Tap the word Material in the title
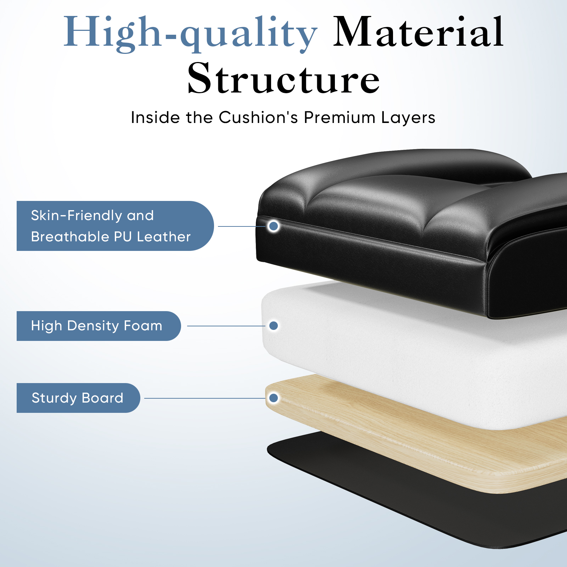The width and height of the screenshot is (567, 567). pyautogui.click(x=419, y=32)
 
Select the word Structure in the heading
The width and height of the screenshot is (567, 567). pyautogui.click(x=283, y=78)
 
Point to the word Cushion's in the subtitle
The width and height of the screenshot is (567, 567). pyautogui.click(x=259, y=117)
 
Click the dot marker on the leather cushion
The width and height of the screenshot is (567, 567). pyautogui.click(x=274, y=226)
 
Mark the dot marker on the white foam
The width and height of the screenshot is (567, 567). pyautogui.click(x=274, y=326)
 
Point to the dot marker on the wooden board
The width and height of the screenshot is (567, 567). pyautogui.click(x=274, y=398)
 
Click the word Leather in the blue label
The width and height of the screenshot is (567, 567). pyautogui.click(x=164, y=237)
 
